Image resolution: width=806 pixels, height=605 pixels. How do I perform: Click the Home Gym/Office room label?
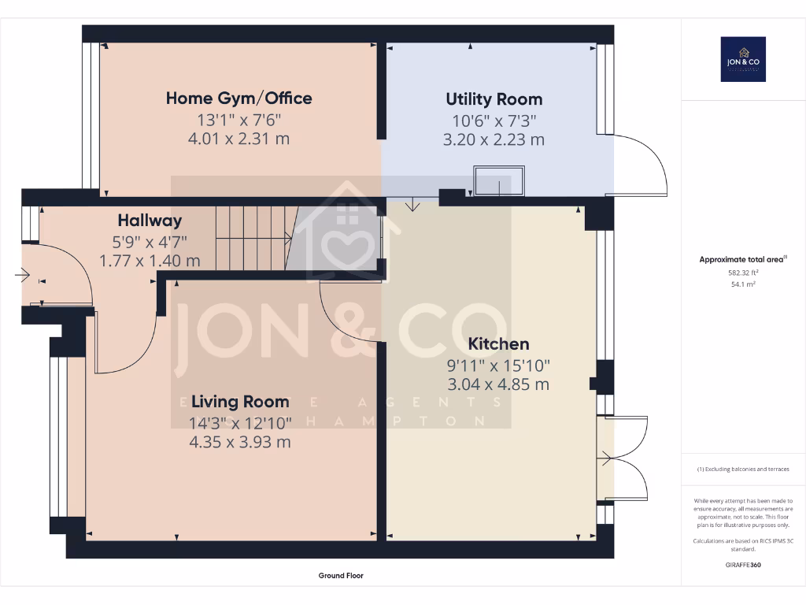coord(238,98)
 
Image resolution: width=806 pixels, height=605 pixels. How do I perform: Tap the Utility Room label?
coord(494,99)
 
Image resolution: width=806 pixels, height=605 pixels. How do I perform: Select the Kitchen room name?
coord(498,343)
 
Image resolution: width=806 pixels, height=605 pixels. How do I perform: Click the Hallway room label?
coord(150,221)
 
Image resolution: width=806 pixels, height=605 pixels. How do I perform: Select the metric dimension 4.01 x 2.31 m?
coord(238,139)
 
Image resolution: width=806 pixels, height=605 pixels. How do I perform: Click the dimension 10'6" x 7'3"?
coord(494,121)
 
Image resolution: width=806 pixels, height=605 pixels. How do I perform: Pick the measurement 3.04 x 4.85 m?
coord(498,384)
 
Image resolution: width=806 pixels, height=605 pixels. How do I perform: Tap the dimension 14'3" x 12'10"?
coord(239,423)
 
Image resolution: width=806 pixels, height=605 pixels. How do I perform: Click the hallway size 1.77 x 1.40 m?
coord(150,260)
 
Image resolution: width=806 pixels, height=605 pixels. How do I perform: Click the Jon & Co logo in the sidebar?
coord(743,59)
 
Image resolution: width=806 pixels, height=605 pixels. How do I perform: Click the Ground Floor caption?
coord(341,576)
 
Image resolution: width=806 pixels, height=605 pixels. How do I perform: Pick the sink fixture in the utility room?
coord(498,180)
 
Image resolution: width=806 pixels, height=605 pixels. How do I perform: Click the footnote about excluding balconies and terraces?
coord(743,470)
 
